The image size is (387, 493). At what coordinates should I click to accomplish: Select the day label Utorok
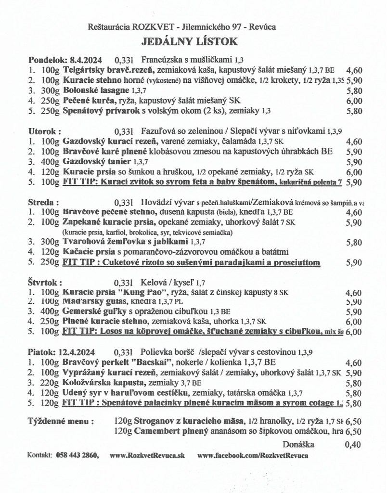45,131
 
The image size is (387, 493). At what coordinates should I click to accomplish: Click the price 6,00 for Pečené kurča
354,101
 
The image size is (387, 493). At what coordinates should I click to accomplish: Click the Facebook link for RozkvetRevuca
253,455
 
